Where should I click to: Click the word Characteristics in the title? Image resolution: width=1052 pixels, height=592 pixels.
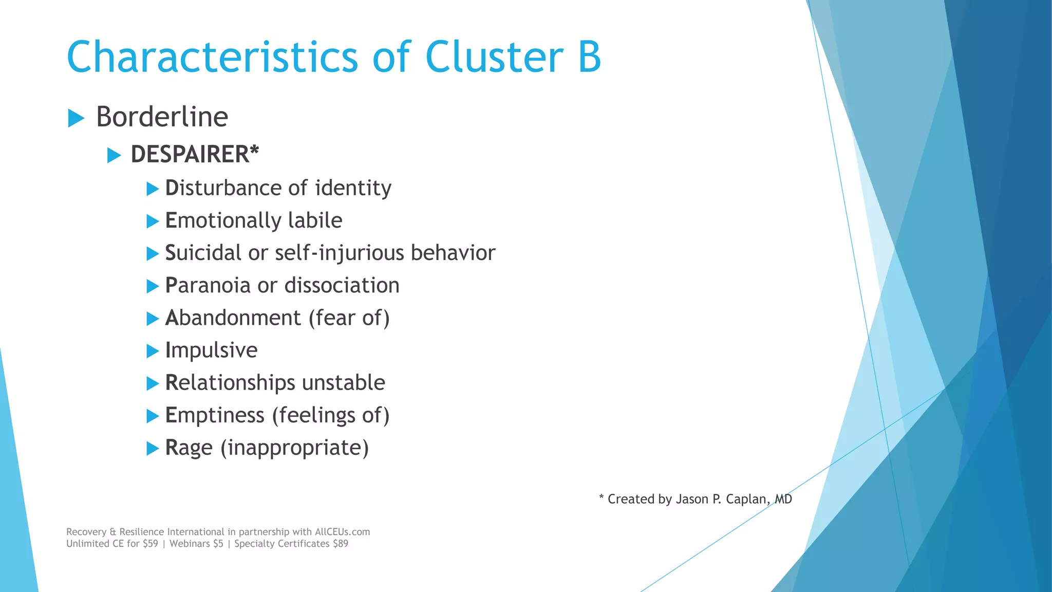212,57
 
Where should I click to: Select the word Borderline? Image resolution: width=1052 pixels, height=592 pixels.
162,117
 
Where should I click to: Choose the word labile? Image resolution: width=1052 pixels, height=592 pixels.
315,220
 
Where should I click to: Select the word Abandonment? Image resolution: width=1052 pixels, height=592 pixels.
233,318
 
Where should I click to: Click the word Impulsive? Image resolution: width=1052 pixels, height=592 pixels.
211,350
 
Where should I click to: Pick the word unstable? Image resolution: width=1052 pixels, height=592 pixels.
343,382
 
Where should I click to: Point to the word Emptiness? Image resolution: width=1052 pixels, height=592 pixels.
214,415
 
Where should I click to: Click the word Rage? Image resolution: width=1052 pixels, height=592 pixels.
189,448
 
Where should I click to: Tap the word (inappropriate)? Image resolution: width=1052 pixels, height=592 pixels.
294,448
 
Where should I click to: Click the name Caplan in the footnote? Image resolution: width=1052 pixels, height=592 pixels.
747,499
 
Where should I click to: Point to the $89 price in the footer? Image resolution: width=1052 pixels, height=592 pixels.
340,544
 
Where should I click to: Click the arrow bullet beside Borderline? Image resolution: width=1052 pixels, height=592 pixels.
76,118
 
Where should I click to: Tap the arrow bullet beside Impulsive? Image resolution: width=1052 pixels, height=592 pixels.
153,351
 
